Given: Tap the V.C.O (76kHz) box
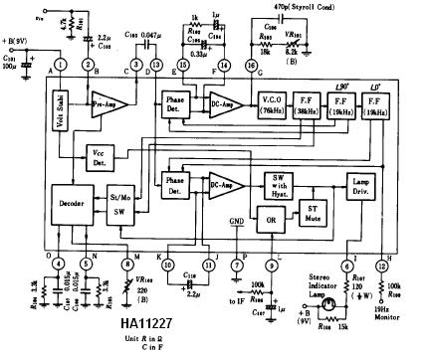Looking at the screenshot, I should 271,110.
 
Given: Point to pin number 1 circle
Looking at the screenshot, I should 61,65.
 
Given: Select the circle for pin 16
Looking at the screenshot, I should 251,65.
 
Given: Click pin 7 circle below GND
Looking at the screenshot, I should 236,264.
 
